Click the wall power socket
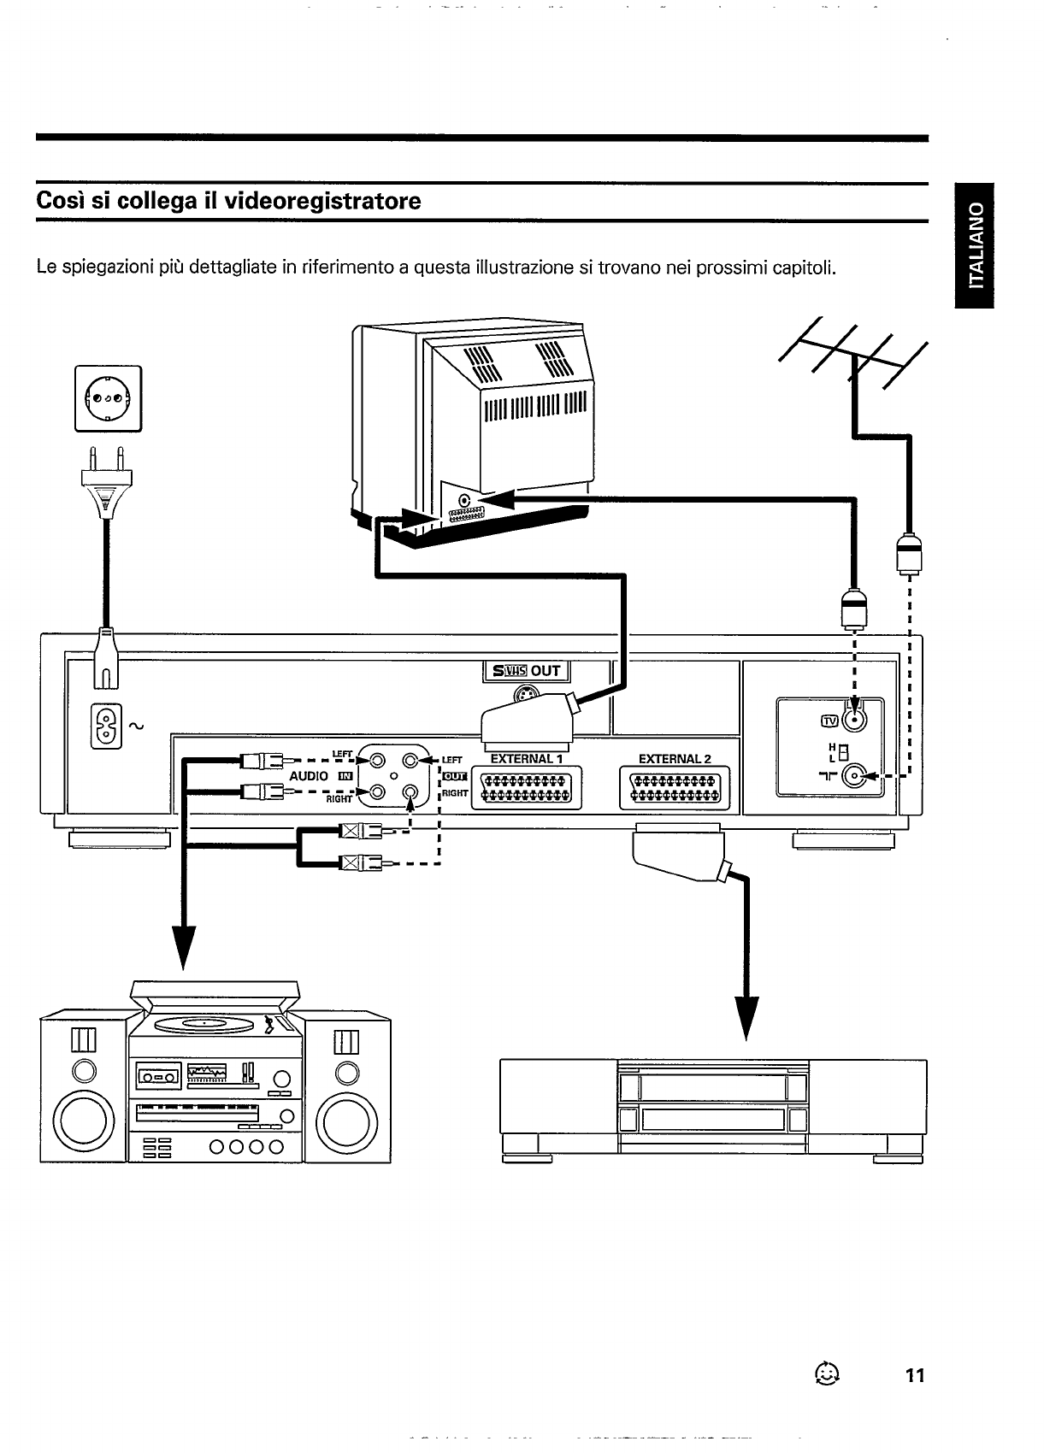click(109, 398)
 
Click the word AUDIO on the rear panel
click(309, 776)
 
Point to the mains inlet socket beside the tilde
click(106, 726)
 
